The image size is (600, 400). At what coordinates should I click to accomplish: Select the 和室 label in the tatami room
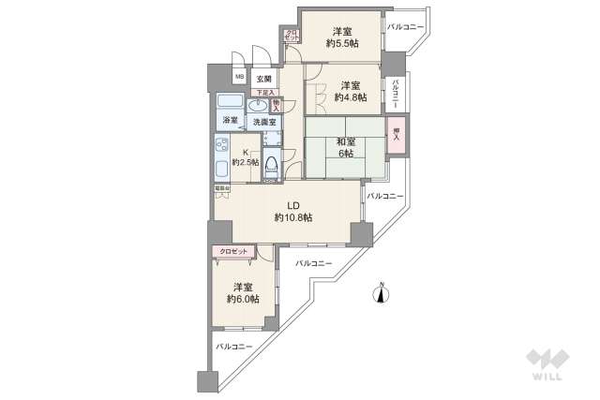click(x=346, y=142)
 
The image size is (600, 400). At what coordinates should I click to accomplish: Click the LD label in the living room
click(x=293, y=205)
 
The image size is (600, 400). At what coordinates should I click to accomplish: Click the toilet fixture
click(x=272, y=167)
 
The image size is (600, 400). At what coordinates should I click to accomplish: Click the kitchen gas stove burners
click(x=224, y=147)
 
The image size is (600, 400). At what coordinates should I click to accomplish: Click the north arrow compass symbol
click(x=382, y=294)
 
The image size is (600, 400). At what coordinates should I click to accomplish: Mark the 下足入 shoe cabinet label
click(x=266, y=93)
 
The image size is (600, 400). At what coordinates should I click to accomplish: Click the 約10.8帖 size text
click(x=293, y=217)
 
